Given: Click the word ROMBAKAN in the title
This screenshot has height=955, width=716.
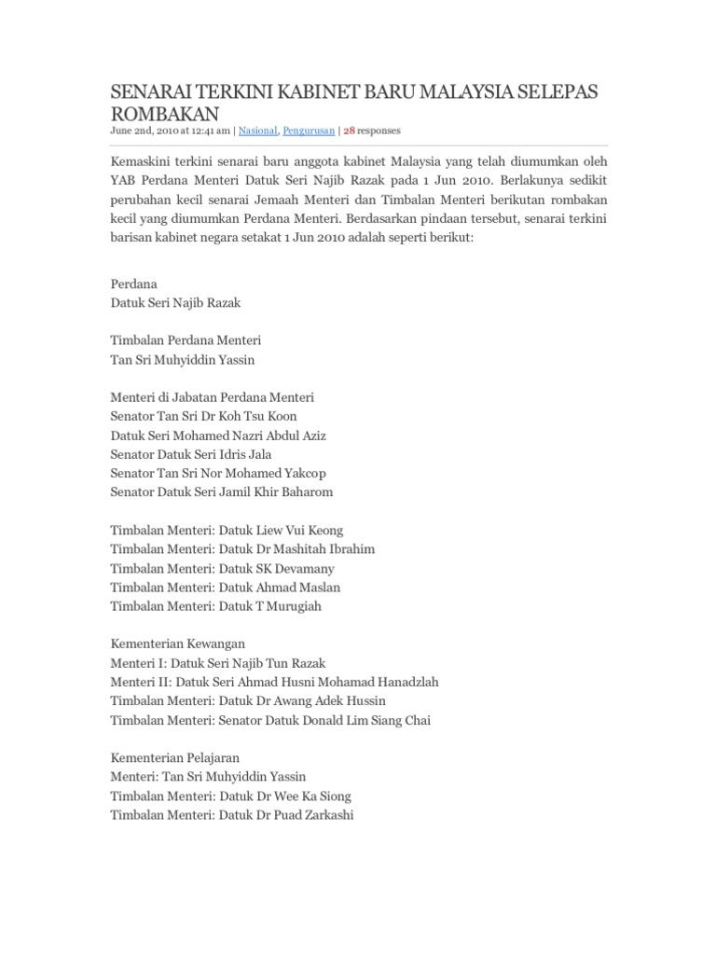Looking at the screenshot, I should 164,114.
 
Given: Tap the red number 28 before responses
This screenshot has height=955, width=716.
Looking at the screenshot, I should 351,131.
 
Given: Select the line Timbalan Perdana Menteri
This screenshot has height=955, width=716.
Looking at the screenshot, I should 186,340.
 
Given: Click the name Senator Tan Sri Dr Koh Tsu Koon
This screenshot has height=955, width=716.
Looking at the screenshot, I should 203,416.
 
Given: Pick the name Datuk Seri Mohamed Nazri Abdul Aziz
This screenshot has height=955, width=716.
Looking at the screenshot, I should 217,435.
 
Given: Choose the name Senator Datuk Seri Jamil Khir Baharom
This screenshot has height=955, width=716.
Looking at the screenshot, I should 221,491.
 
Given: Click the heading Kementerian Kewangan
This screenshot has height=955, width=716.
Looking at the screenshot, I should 177,644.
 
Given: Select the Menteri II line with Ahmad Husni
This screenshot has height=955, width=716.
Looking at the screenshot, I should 274,682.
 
